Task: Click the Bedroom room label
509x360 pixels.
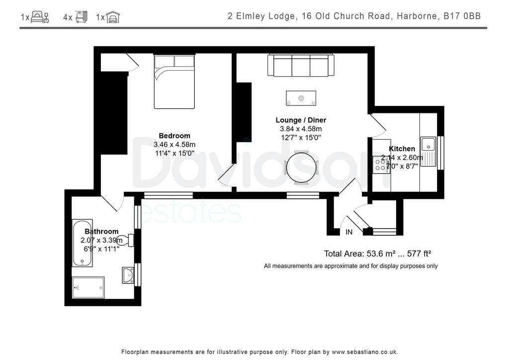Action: tap(174, 136)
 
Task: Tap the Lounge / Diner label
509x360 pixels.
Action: tap(301, 120)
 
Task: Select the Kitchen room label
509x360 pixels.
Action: tap(402, 149)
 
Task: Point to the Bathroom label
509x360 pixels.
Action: tap(101, 231)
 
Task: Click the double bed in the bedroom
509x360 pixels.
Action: tap(174, 82)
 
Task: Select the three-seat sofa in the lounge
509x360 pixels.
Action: tap(301, 65)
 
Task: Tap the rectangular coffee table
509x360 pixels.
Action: tap(301, 98)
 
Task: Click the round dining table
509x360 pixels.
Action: tap(301, 167)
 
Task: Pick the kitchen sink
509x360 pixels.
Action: tap(428, 145)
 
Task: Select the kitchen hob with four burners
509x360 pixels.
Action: tap(381, 164)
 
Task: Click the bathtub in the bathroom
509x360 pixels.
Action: tap(82, 243)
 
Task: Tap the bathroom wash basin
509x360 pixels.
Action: tap(128, 275)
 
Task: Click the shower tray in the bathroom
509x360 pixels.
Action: tap(88, 287)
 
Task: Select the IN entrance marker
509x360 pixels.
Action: tap(349, 232)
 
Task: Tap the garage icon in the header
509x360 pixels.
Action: tap(113, 17)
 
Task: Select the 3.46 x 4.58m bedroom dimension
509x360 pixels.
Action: tap(174, 145)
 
